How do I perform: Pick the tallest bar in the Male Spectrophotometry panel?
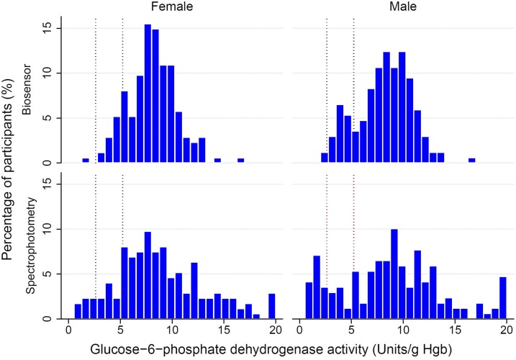pos(394,274)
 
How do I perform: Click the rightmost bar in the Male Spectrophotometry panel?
pos(503,297)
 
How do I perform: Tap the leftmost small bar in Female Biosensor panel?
pos(86,161)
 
